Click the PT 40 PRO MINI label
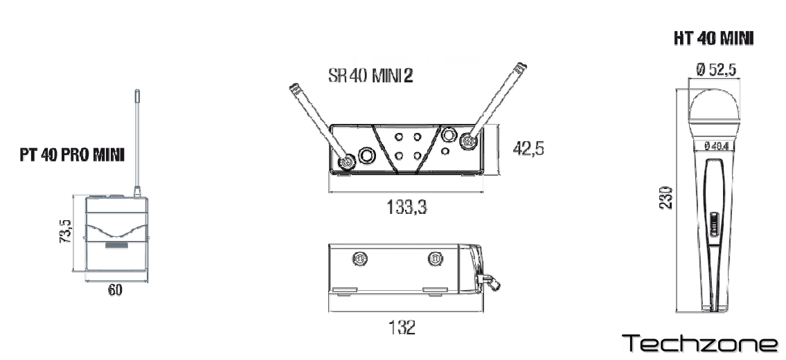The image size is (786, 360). pyautogui.click(x=72, y=155)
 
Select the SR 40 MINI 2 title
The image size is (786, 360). pyautogui.click(x=370, y=75)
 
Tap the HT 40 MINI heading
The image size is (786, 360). pyautogui.click(x=713, y=39)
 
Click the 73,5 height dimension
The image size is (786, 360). pyautogui.click(x=66, y=231)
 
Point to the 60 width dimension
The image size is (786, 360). pyautogui.click(x=115, y=290)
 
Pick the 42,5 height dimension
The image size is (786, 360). pyautogui.click(x=528, y=149)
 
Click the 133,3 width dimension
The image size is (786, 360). pyautogui.click(x=407, y=206)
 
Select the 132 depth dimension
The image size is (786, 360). pyautogui.click(x=402, y=327)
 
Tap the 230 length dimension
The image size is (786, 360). pyautogui.click(x=666, y=197)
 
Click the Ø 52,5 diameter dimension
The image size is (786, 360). pyautogui.click(x=716, y=70)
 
